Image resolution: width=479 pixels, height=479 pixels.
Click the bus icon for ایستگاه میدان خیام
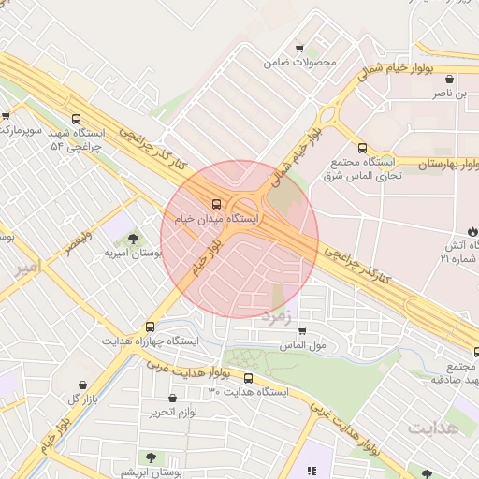[216, 203]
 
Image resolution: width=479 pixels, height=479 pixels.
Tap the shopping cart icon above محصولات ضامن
[299, 49]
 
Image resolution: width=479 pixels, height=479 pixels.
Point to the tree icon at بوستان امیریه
[131, 239]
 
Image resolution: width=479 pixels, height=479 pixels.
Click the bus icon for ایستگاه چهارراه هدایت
[151, 327]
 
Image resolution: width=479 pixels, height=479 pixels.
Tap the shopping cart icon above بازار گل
[83, 385]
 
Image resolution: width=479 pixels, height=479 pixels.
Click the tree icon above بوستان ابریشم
[150, 457]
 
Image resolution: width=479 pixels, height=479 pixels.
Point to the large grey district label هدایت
[434, 428]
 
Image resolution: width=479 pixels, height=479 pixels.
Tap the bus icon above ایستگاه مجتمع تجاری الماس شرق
[362, 147]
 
